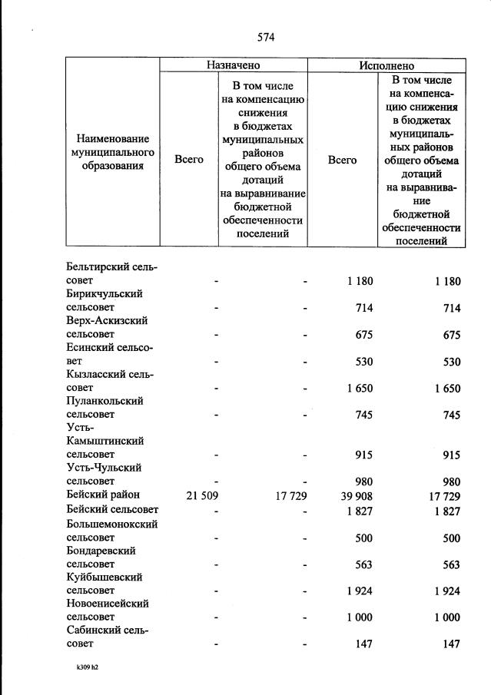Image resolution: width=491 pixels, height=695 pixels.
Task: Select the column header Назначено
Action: (x=233, y=66)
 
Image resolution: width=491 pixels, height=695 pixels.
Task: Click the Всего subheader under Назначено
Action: (x=189, y=160)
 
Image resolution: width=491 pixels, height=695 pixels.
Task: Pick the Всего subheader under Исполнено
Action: (x=343, y=160)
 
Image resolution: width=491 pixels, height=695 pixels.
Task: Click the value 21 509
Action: (x=202, y=495)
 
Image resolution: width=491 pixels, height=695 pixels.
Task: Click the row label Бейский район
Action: (x=103, y=495)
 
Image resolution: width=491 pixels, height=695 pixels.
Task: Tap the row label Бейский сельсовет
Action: (x=113, y=509)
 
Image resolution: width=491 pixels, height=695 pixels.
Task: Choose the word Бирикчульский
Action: (x=105, y=294)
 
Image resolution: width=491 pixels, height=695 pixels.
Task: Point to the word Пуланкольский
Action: (x=105, y=401)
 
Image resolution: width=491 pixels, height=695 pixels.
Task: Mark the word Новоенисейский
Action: (x=108, y=604)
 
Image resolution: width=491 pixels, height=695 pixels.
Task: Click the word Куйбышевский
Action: (x=105, y=577)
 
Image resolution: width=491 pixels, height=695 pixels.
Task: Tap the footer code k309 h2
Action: (x=82, y=667)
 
